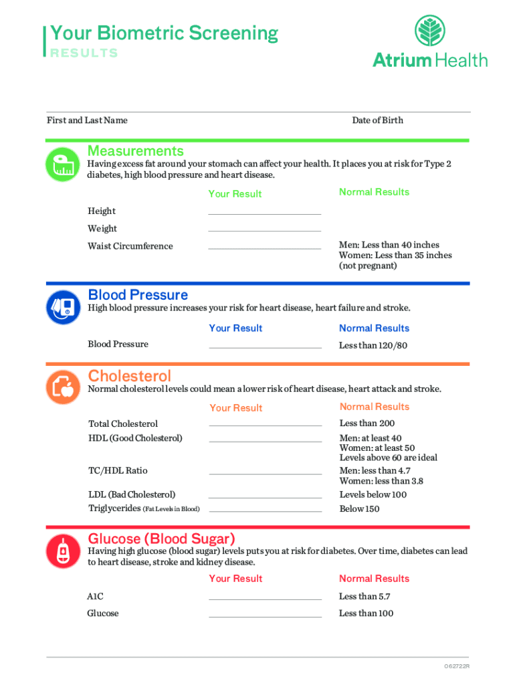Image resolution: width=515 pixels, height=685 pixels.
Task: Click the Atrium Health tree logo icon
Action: (430, 31)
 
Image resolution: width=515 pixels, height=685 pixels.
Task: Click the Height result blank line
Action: (265, 213)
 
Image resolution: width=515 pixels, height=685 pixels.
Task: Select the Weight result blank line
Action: (265, 230)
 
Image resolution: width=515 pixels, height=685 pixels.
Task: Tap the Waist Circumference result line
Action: (265, 248)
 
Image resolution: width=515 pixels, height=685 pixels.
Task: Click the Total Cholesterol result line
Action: (265, 425)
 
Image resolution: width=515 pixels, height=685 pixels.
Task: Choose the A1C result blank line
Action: (265, 598)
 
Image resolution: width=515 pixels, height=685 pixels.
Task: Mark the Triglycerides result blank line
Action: (265, 510)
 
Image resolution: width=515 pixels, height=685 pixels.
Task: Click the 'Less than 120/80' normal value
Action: (373, 346)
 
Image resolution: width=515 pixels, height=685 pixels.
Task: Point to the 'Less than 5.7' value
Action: (365, 597)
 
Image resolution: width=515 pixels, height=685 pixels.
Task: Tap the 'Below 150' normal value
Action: (359, 509)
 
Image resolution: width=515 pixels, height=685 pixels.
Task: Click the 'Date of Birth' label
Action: (377, 120)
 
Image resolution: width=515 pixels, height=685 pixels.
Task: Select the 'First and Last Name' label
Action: (87, 120)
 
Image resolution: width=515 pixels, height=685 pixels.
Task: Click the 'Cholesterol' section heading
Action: (130, 376)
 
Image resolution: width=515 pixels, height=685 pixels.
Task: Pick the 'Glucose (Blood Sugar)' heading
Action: (162, 539)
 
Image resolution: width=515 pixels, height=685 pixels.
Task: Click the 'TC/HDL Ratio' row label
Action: (118, 471)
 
